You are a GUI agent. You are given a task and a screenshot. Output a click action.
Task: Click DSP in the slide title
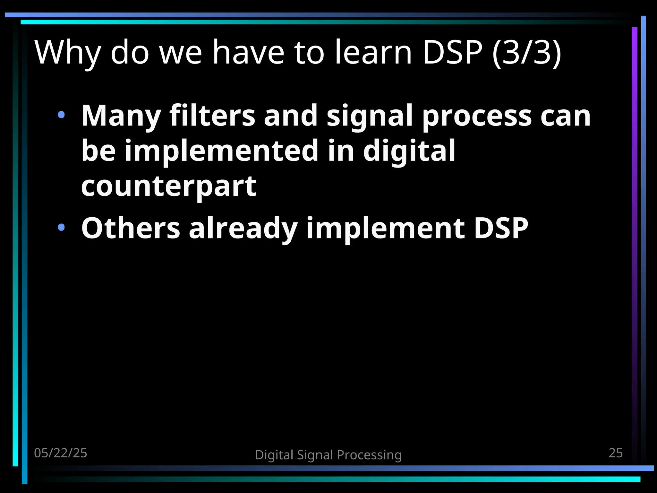[452, 52]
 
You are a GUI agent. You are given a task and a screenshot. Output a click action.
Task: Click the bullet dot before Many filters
[61, 115]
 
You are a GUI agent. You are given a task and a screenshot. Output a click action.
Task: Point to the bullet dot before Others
[61, 228]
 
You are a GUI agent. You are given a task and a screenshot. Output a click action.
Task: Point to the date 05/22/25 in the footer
[61, 453]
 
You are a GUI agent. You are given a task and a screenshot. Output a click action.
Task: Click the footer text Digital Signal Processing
[328, 455]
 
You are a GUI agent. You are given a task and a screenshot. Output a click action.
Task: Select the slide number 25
[616, 453]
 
